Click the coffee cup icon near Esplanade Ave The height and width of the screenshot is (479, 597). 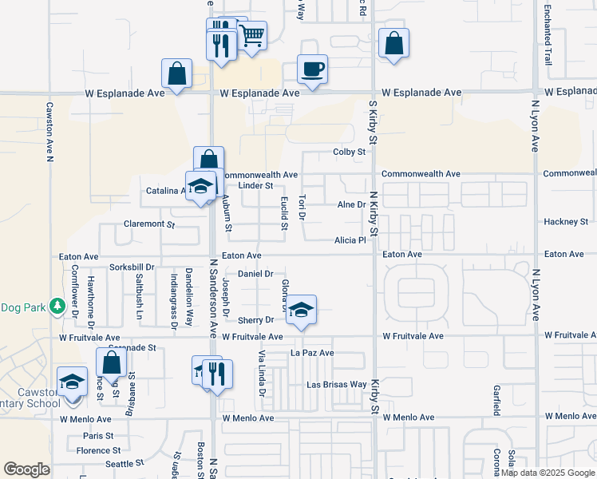[x=312, y=69]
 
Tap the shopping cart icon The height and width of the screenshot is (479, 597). [x=251, y=35]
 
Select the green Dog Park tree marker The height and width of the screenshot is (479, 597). [x=57, y=307]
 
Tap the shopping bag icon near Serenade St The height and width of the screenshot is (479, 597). [x=111, y=363]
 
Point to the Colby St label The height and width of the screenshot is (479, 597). [x=349, y=152]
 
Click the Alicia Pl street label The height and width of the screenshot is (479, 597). [x=350, y=240]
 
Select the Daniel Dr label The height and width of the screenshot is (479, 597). [x=256, y=274]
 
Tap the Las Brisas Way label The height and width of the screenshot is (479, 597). [x=337, y=385]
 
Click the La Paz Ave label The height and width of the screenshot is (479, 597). [x=312, y=352]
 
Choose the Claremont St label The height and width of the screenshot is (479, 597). [x=149, y=224]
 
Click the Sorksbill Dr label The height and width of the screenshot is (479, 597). [x=132, y=266]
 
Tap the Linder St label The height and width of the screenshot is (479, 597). [x=256, y=186]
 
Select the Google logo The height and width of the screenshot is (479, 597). [x=27, y=469]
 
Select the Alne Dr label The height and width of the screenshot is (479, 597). [x=351, y=205]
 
